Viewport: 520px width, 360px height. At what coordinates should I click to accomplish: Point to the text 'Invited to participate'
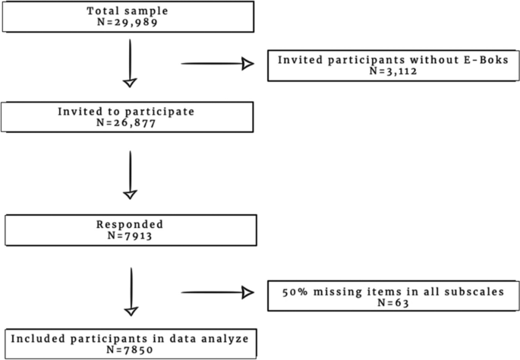pyautogui.click(x=126, y=111)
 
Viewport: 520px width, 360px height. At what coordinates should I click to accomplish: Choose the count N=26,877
pyautogui.click(x=126, y=122)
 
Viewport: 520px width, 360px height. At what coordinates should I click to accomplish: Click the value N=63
pyautogui.click(x=393, y=302)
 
